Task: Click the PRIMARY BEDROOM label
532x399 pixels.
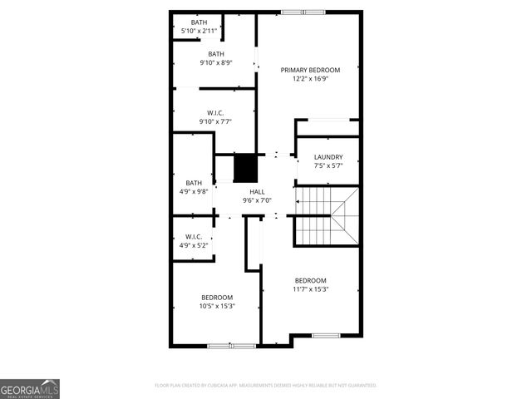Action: (x=310, y=70)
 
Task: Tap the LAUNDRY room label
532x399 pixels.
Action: (x=328, y=157)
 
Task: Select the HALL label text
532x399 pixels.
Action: (x=257, y=192)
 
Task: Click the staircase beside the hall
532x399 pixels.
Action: (x=326, y=214)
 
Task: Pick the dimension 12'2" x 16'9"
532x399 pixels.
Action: (x=310, y=79)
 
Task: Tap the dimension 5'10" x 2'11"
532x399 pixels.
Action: (x=199, y=31)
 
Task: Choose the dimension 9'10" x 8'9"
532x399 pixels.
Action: (x=216, y=62)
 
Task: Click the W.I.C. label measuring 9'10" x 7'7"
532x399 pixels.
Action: (x=215, y=113)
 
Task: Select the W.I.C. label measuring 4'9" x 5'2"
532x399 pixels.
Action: (x=193, y=236)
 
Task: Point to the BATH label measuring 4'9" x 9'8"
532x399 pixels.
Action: (x=194, y=183)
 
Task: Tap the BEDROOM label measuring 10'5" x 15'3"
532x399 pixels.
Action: (x=217, y=297)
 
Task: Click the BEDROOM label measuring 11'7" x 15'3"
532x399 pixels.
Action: (x=310, y=280)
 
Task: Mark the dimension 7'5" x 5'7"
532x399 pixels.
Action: (x=328, y=166)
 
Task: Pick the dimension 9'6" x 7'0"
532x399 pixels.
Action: (x=257, y=200)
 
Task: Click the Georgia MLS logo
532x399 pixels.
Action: (x=30, y=388)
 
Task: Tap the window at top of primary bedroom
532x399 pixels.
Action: (x=303, y=12)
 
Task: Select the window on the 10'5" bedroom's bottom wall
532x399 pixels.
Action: (x=232, y=345)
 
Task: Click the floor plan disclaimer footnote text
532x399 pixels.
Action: (x=266, y=386)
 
